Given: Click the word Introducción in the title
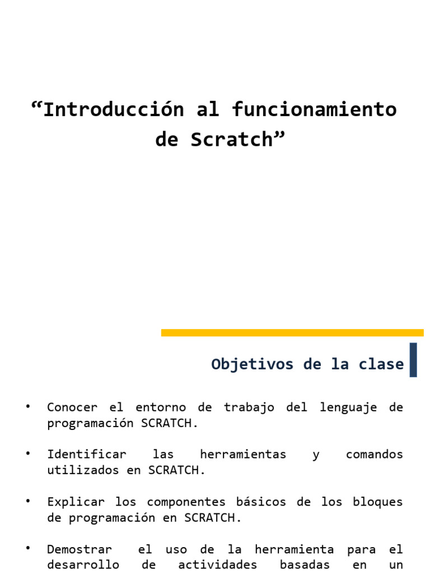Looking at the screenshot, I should pyautogui.click(x=113, y=109).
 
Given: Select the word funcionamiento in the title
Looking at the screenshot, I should pyautogui.click(x=314, y=109).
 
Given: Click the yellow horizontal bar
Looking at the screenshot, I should pyautogui.click(x=292, y=332).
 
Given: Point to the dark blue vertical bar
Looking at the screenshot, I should pyautogui.click(x=413, y=360).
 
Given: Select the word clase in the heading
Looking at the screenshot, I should pyautogui.click(x=383, y=364).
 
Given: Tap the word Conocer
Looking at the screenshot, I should pyautogui.click(x=72, y=408).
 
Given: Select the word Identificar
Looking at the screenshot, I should pyautogui.click(x=87, y=454).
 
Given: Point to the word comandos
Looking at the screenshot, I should pyautogui.click(x=374, y=454).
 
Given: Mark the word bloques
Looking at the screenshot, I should pyautogui.click(x=378, y=502).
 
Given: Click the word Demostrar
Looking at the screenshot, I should pyautogui.click(x=80, y=549).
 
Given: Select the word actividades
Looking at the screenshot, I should pyautogui.click(x=217, y=564).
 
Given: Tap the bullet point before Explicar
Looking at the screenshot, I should pyautogui.click(x=28, y=499).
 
